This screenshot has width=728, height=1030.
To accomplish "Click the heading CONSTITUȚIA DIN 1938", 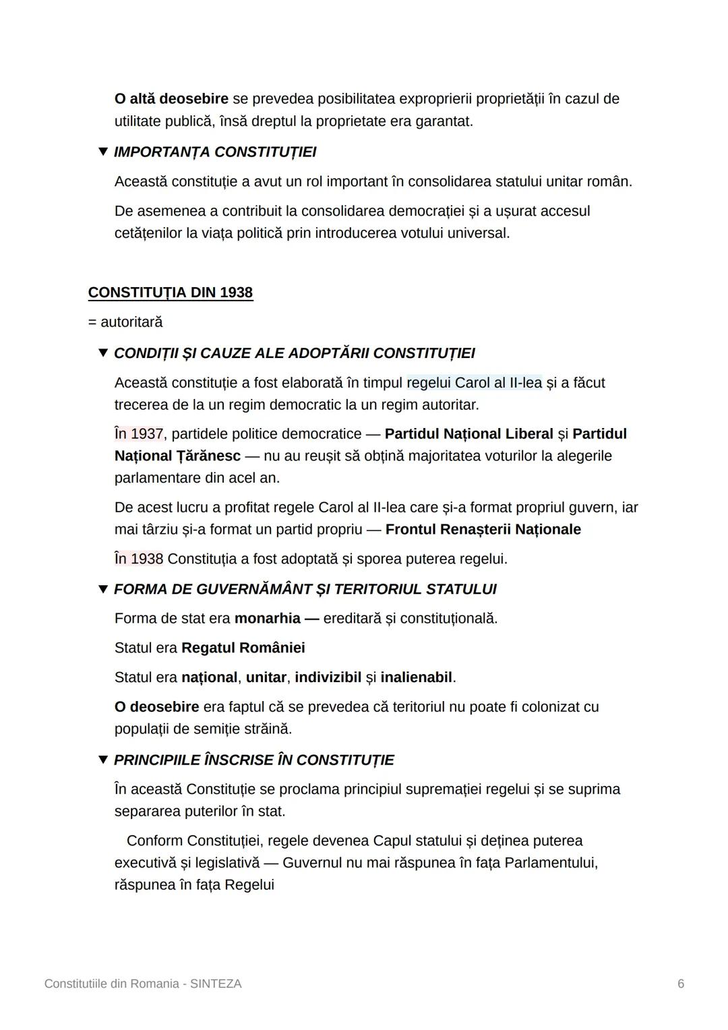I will (170, 293).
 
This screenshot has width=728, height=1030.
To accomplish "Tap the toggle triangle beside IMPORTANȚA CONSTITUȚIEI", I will (103, 152).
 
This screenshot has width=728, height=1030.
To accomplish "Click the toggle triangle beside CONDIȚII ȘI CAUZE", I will (103, 353).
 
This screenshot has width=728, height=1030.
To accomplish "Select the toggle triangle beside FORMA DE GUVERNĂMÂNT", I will (103, 589).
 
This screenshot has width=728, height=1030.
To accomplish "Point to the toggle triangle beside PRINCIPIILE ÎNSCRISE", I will (103, 760).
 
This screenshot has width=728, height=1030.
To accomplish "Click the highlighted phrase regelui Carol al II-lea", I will (474, 383).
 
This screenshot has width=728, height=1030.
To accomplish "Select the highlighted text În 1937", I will (139, 433).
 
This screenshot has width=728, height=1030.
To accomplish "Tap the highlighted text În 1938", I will (139, 559).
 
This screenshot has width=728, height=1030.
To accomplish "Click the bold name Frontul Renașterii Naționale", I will (483, 529).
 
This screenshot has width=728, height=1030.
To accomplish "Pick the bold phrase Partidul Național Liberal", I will (468, 433).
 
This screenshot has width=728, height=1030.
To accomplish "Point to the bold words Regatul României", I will (243, 648).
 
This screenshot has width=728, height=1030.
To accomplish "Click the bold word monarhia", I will (267, 618).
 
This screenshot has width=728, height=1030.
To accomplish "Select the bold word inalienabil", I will (416, 677).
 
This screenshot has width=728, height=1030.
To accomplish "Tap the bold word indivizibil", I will (328, 677).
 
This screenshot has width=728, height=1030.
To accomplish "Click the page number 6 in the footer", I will (681, 983).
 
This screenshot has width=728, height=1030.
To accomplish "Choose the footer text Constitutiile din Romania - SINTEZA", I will (143, 983).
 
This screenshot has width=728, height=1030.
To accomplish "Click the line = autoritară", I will (125, 322).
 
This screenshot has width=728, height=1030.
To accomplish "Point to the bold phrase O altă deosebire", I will (171, 98).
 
